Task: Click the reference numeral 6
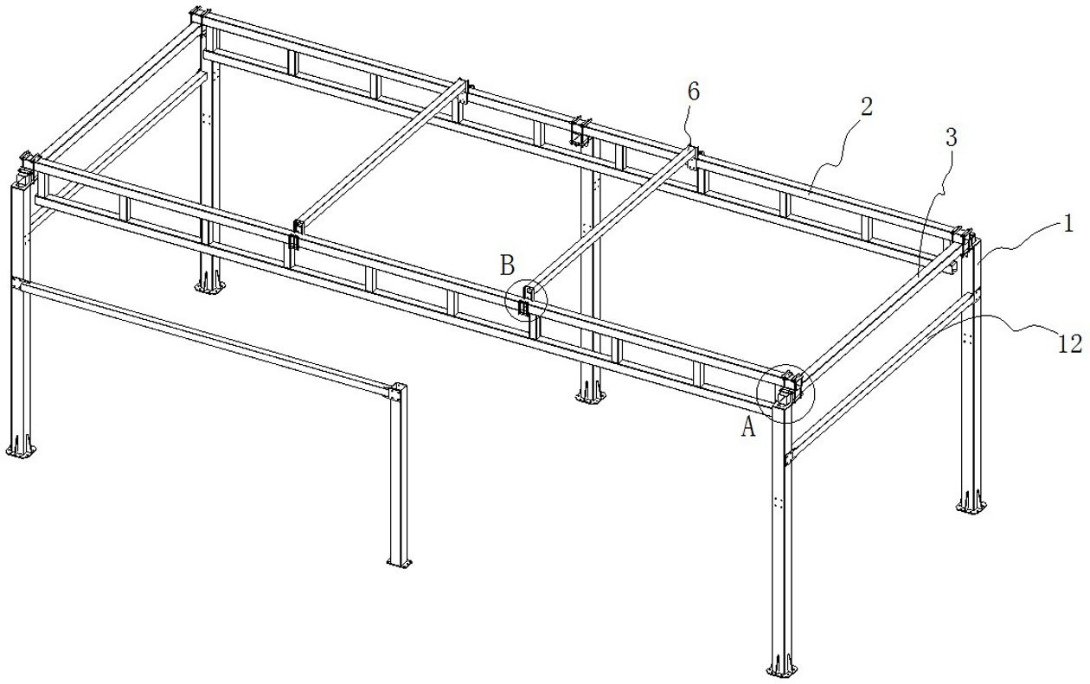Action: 694,92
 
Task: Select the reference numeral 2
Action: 866,107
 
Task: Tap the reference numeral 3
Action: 951,138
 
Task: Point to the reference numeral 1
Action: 1068,224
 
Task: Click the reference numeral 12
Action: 1070,344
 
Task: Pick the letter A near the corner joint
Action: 748,428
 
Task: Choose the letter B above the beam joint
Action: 508,265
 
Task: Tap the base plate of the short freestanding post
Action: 399,563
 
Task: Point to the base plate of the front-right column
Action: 782,672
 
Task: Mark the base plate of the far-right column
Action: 971,508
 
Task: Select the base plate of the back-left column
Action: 209,289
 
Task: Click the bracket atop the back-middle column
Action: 580,131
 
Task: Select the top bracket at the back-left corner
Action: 196,16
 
